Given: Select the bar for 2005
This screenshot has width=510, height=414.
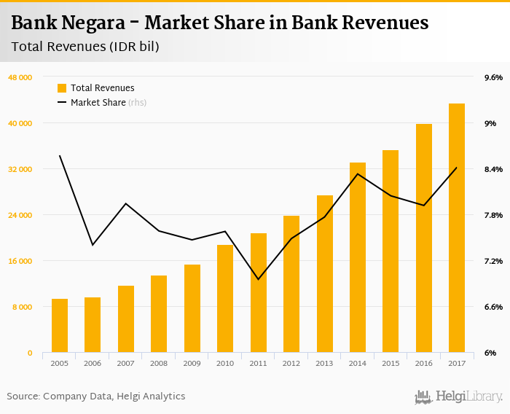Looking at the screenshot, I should pos(60,326).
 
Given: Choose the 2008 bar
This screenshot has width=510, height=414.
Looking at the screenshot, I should pos(159,314).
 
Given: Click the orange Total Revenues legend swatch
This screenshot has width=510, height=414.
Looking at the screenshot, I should pos(62,88).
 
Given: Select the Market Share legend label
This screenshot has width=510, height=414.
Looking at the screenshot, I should pos(98,103).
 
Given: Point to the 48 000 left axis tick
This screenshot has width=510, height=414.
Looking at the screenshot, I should pos(20,77).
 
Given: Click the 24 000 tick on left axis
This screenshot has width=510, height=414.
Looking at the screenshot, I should pos(20,215).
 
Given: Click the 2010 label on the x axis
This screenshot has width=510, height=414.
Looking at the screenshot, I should pos(225,363).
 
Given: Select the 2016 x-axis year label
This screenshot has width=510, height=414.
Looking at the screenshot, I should pos(424,363).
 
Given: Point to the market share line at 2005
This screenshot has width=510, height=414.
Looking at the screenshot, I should pos(60,156).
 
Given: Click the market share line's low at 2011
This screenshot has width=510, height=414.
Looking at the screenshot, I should pos(259,279).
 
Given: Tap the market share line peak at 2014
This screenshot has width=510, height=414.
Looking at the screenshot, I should pos(358,173).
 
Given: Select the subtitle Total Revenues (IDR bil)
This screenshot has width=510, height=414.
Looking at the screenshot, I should pos(85,47).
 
